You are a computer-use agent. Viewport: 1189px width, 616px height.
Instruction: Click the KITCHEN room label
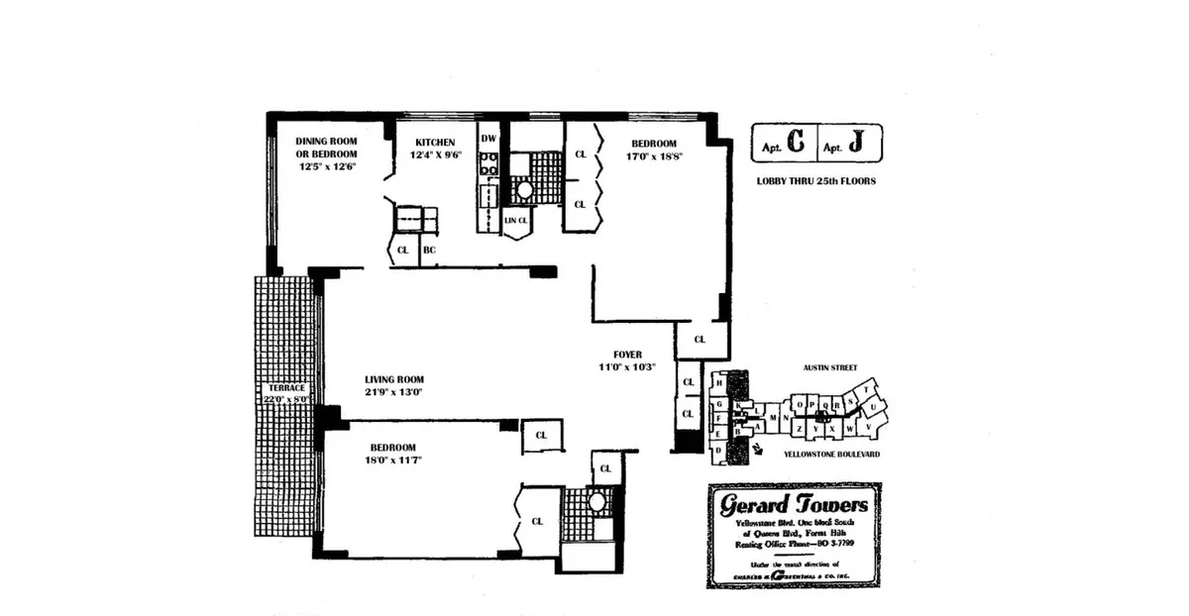click(435, 143)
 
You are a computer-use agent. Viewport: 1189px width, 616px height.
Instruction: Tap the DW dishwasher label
click(487, 139)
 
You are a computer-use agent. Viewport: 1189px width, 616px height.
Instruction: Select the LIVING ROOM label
click(394, 379)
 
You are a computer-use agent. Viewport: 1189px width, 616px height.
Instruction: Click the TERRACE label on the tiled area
click(284, 387)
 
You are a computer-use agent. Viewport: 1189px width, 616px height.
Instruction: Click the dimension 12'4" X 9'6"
click(436, 155)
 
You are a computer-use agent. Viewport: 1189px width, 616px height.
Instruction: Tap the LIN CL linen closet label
click(515, 220)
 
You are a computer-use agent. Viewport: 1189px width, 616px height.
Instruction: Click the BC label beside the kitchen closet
click(429, 251)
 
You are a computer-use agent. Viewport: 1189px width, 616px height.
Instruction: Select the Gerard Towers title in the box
click(793, 504)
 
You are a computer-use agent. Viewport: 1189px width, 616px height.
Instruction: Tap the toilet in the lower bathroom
click(596, 502)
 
